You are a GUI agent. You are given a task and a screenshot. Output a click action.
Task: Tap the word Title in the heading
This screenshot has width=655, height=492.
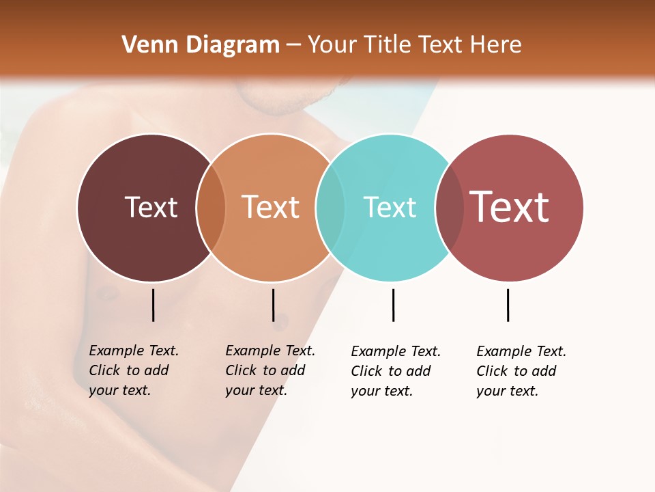point(390,45)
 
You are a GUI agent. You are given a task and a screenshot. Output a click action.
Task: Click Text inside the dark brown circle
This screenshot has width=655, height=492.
point(151,207)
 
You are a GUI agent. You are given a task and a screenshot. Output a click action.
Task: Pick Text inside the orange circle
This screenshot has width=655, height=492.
point(270,207)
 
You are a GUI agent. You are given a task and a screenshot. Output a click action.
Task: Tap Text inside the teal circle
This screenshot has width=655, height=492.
point(390,207)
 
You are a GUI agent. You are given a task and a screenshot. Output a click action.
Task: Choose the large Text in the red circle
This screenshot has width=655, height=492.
point(509,207)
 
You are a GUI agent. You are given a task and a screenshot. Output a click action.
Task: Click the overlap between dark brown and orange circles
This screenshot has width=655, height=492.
point(211,208)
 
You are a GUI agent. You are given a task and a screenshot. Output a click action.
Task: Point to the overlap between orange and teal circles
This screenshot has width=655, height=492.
point(330,208)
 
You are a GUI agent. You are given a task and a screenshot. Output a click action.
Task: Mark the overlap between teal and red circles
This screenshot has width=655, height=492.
point(449,208)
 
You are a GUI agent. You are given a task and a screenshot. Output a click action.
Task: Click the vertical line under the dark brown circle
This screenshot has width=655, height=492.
point(154,305)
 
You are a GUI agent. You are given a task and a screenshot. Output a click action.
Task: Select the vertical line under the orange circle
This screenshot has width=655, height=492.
point(273,305)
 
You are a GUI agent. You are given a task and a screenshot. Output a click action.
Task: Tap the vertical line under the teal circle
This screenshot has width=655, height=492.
point(393,305)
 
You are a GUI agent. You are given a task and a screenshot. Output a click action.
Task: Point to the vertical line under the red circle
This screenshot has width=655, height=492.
point(508,305)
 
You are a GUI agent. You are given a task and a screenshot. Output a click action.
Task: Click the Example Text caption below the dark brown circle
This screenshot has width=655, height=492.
point(134,370)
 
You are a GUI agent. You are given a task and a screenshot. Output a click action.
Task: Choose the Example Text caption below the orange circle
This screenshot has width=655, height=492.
point(270,370)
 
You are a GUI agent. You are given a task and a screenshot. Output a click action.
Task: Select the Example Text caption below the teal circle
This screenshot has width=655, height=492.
point(396,371)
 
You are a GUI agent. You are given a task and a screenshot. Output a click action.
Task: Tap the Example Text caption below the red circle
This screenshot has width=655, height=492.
point(521,371)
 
